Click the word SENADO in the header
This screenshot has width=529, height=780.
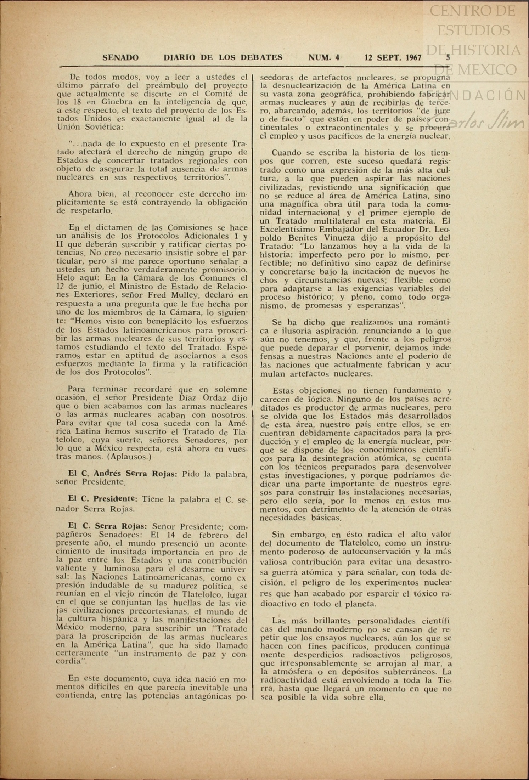coord(120,58)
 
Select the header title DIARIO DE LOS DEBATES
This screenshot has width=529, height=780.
coord(223,58)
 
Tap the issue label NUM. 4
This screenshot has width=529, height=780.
coord(324,58)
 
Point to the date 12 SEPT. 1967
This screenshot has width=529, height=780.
coord(393,58)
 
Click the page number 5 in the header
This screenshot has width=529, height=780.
coord(448,57)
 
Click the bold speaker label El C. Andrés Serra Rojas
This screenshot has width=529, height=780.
coord(122,474)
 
